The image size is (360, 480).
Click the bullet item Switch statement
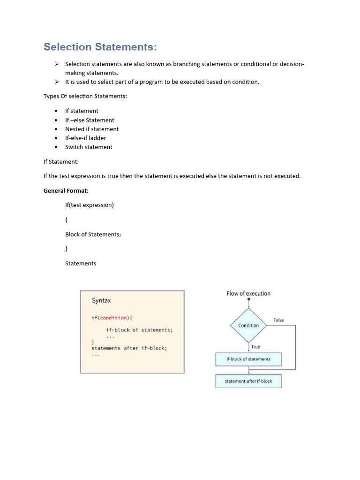pos(89,147)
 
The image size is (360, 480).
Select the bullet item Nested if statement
pos(92,129)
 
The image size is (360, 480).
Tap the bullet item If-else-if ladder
pos(85,138)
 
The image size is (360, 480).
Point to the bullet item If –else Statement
pos(90,120)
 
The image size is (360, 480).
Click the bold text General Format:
pos(66,191)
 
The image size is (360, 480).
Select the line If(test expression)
pos(90,205)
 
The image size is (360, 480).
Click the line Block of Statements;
pos(93,234)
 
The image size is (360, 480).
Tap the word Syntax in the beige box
pos(101,300)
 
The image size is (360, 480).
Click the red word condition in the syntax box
pos(113,318)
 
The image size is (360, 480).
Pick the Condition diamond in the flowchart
pos(248,325)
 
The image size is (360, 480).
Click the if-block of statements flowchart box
pos(248,359)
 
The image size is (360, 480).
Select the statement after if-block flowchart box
pos(248,381)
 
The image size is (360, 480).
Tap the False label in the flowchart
pos(278,320)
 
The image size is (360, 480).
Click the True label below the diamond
pos(255,347)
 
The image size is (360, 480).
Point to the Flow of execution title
pos(248,293)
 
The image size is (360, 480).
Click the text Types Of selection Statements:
pos(85,96)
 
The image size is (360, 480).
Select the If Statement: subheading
pos(61,161)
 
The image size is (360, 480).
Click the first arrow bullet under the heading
pos(56,64)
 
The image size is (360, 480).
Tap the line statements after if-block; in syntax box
pos(129,348)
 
